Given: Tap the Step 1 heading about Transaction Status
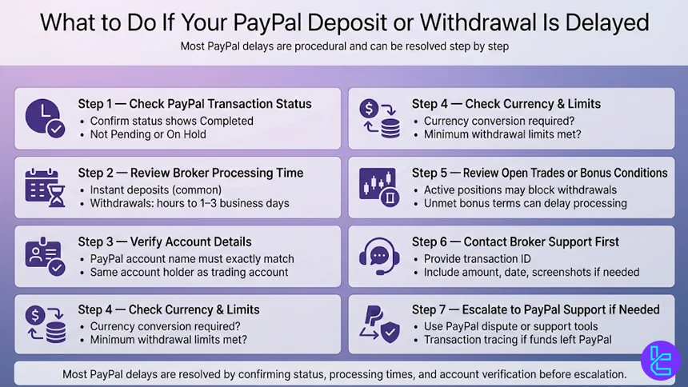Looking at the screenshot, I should [194, 104].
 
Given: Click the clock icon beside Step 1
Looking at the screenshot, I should [44, 118].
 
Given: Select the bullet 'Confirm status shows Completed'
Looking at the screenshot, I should [171, 121].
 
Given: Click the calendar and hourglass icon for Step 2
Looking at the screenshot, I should [44, 187].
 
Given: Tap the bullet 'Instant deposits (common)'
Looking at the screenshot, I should [155, 190].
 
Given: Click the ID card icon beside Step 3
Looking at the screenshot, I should [44, 256].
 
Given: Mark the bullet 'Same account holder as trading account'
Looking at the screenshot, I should [189, 272].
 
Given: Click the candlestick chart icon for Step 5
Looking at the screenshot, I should [378, 187].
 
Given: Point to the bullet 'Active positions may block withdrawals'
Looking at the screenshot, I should [520, 190].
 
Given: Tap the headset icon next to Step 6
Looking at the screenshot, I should [378, 256].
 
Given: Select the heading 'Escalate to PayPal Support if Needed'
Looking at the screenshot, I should [536, 309].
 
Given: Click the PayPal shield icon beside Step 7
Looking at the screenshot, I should [378, 324].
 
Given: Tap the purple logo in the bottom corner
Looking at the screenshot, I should [660, 359].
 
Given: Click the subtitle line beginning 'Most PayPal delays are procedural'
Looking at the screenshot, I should [344, 46].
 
